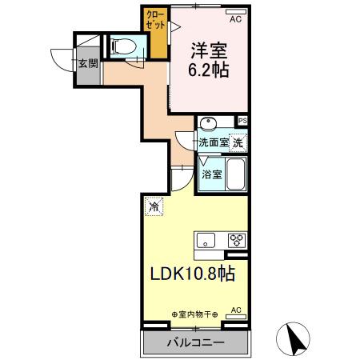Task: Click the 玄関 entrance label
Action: [x=88, y=63]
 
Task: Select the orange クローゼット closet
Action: [x=155, y=33]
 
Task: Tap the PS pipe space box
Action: [x=242, y=120]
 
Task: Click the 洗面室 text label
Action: [x=214, y=142]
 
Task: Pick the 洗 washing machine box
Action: [x=238, y=142]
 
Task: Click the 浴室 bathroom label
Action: [x=211, y=174]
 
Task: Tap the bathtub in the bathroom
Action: [x=235, y=174]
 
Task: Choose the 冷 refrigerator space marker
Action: [x=153, y=207]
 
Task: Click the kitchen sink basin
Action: [x=206, y=239]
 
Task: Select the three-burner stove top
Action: [x=237, y=239]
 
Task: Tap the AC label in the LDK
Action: [x=236, y=309]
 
